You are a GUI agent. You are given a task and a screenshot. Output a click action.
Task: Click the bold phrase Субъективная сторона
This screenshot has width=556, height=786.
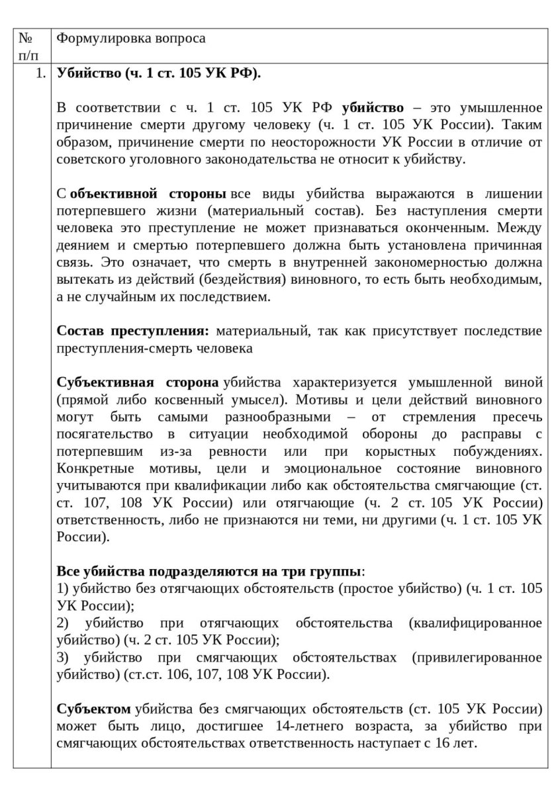click(138, 383)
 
